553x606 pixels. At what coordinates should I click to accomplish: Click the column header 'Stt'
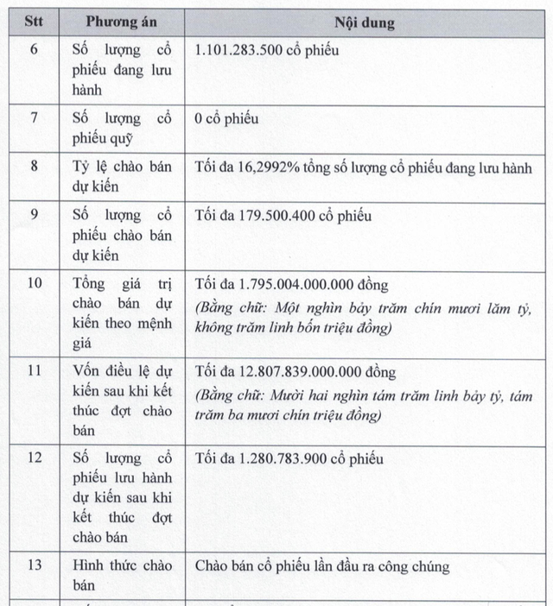(x=34, y=22)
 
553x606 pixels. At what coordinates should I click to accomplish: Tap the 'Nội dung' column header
(x=364, y=22)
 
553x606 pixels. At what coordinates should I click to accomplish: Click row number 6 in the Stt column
(x=34, y=49)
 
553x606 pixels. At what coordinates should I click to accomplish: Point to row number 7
(x=34, y=118)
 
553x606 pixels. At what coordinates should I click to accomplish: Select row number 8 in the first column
(x=34, y=167)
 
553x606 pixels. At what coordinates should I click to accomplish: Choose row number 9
(x=34, y=216)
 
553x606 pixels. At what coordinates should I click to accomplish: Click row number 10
(x=34, y=284)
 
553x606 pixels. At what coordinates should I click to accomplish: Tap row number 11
(x=34, y=372)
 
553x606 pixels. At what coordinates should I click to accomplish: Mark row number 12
(x=34, y=458)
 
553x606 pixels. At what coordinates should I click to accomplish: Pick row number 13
(x=34, y=566)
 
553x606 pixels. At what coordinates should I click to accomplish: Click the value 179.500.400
(x=274, y=216)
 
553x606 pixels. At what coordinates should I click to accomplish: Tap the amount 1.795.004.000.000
(x=298, y=284)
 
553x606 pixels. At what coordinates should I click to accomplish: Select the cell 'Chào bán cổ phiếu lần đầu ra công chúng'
(x=322, y=566)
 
